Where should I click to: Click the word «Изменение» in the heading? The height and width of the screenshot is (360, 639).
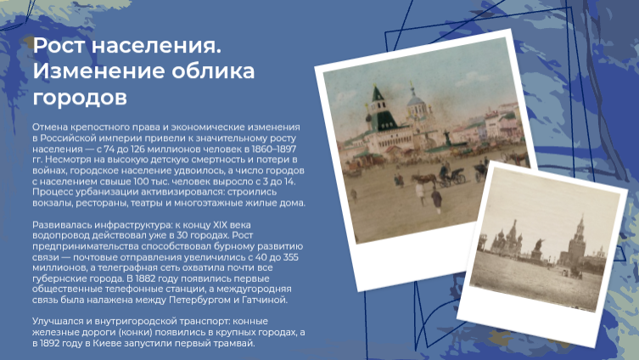(98, 71)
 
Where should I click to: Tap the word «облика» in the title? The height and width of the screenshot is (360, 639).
(213, 71)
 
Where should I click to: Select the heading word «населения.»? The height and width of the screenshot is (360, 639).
(156, 46)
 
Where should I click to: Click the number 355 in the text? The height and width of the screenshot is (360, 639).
(289, 257)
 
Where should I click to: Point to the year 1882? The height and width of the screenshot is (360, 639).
(146, 278)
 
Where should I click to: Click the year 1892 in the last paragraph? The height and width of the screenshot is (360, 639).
(50, 343)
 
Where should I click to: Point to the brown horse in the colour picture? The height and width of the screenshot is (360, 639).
(424, 179)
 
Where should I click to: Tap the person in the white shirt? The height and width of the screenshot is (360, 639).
(419, 193)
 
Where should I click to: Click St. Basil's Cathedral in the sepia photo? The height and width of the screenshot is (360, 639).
(507, 240)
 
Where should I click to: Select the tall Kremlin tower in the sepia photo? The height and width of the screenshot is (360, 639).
(578, 241)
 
